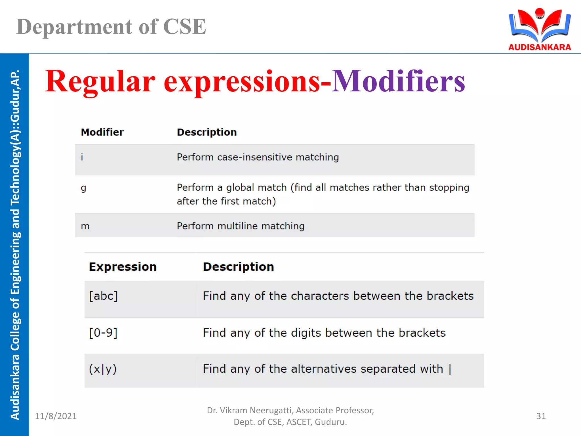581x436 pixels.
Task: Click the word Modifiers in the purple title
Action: [x=398, y=81]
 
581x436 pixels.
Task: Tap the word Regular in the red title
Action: [x=100, y=81]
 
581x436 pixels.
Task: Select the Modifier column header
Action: [x=102, y=132]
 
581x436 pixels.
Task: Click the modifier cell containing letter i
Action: [x=82, y=157]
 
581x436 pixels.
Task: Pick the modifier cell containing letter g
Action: [x=83, y=188]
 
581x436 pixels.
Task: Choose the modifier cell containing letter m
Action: [x=85, y=226]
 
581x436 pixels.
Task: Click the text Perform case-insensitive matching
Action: [x=258, y=157]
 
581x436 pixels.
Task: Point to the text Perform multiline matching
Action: [x=241, y=226]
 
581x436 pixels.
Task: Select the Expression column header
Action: [x=123, y=267]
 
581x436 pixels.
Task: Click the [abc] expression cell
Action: [x=103, y=296]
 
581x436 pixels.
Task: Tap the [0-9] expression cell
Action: [x=103, y=333]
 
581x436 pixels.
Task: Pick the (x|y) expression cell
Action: [x=103, y=369]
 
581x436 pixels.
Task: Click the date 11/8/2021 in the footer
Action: [x=56, y=416]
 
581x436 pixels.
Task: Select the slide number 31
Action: [x=541, y=416]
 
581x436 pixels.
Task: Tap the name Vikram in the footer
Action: [x=233, y=410]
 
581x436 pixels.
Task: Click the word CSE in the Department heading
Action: [x=184, y=27]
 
